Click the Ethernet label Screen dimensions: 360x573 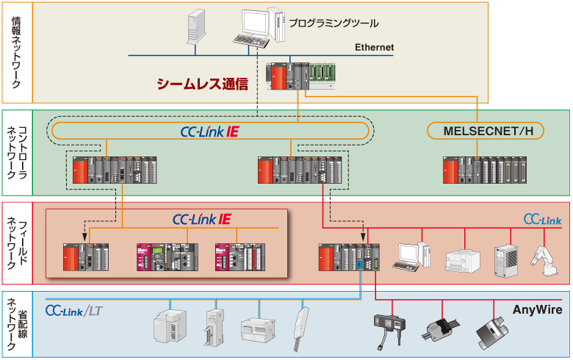(374, 48)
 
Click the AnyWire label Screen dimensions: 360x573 (537, 310)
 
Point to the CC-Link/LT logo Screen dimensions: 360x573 (73, 312)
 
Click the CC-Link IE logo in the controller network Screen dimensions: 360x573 (209, 132)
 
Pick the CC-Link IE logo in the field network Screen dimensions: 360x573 (201, 218)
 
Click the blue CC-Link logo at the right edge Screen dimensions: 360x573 (542, 219)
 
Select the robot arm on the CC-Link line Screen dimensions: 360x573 (544, 260)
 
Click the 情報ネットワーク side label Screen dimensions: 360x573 (16, 53)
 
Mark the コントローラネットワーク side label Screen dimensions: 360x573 (16, 156)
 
